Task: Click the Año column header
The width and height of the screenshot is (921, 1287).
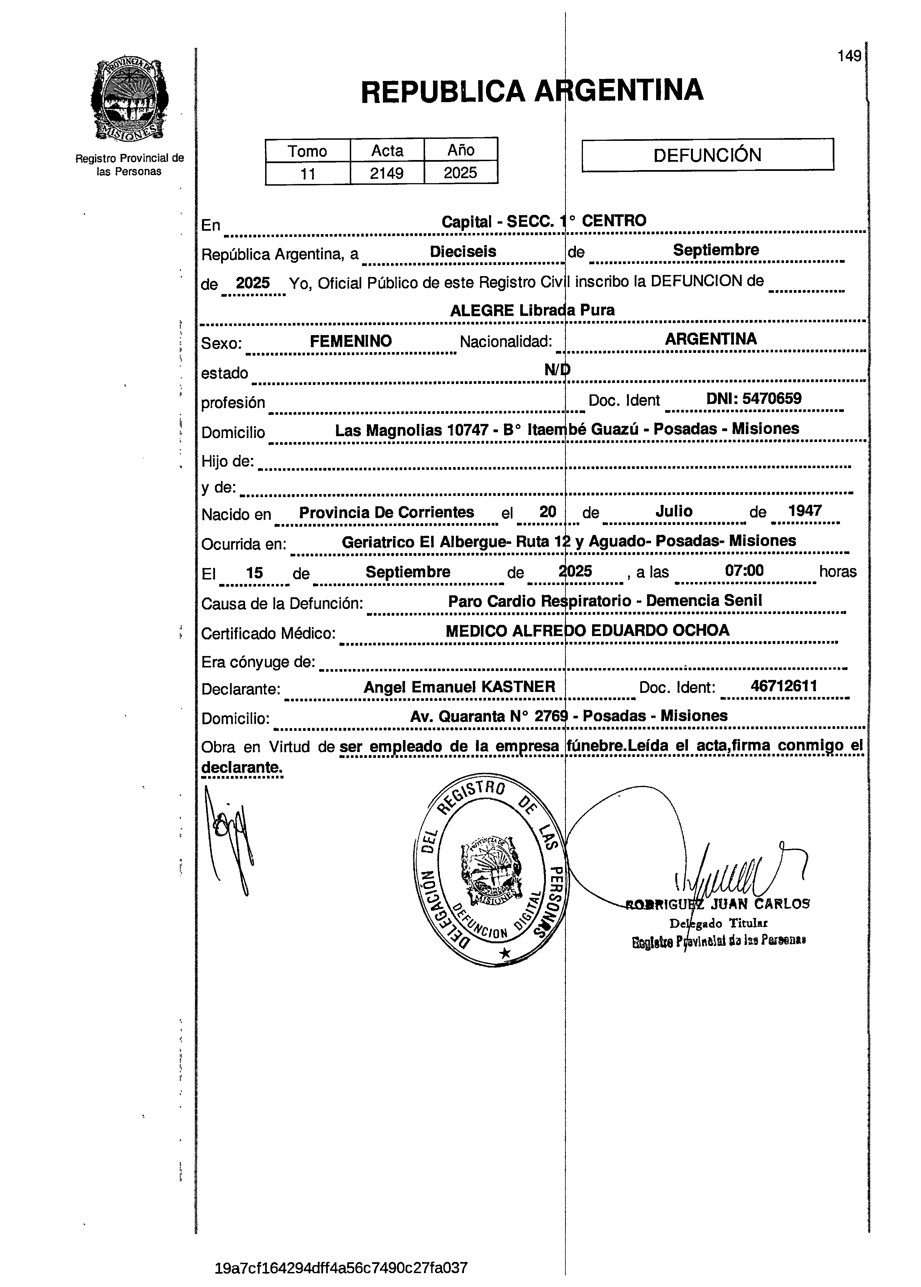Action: [x=461, y=150]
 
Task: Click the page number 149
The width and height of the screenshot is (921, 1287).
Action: [x=849, y=56]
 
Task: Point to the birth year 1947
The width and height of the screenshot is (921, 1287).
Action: [x=805, y=511]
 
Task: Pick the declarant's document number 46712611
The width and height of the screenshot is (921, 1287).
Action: [x=784, y=686]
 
